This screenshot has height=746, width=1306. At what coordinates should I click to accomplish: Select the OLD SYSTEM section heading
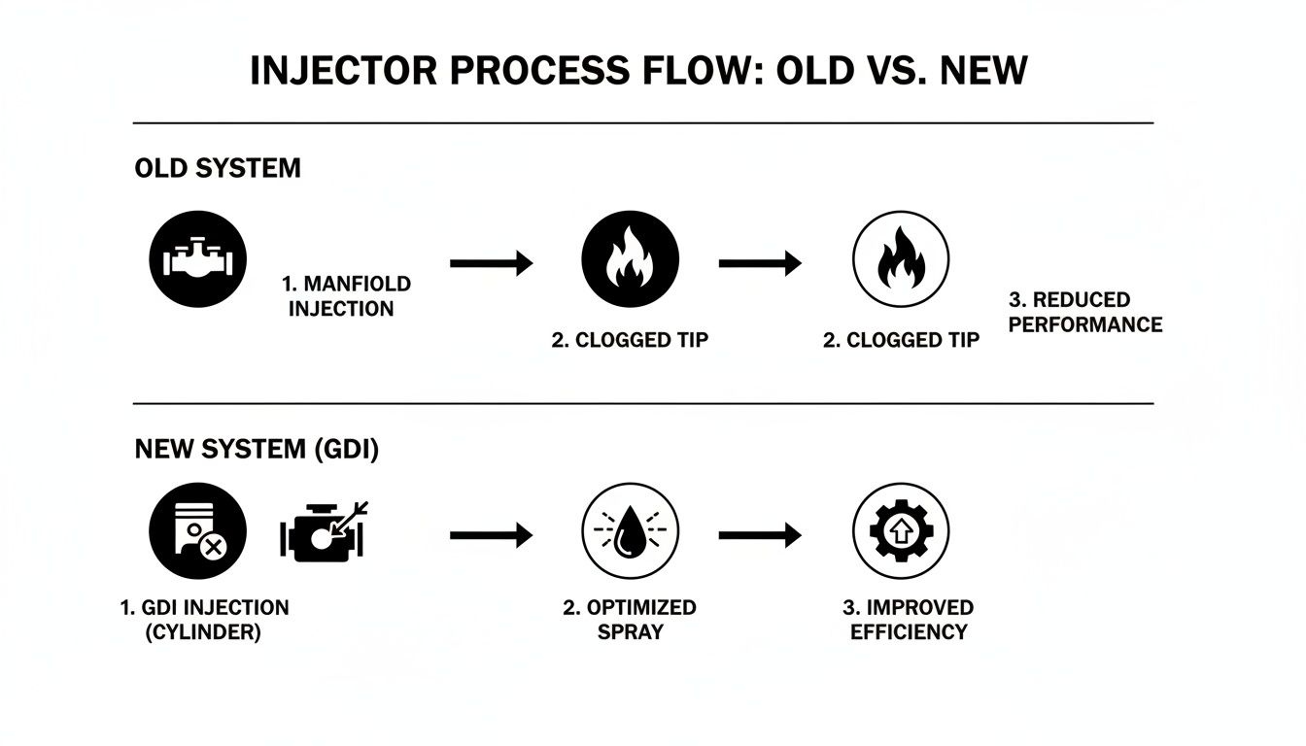pos(218,168)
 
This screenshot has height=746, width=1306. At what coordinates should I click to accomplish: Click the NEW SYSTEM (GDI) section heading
pos(257,450)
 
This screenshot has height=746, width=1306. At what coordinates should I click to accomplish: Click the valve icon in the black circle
pos(197,261)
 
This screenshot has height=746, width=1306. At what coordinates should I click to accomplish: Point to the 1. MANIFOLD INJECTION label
pos(346,296)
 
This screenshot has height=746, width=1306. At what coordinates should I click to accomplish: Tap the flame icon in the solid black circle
pos(630,261)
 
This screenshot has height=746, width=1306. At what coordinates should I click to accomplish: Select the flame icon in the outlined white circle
pos(900,261)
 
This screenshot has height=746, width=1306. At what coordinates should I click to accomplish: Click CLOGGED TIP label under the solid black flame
pos(630,341)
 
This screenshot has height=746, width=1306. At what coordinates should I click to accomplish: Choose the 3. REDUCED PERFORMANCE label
pos(1084,312)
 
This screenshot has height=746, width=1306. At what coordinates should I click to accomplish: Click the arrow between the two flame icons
pos(760,262)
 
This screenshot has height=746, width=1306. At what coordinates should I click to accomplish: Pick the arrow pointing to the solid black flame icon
pos(492,262)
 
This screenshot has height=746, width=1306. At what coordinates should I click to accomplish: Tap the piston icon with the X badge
pos(197,532)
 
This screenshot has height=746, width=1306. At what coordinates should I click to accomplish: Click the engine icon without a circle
pos(321,532)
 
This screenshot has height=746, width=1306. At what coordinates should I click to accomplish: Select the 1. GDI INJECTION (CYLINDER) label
pos(204,620)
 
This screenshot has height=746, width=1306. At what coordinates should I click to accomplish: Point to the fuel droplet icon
pos(630,532)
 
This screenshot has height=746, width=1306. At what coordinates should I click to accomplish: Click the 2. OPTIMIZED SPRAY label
pos(630,620)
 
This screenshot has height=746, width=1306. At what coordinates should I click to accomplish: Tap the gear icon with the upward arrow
pos(900,532)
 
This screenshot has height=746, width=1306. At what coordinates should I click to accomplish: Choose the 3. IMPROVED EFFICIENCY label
pos(908,620)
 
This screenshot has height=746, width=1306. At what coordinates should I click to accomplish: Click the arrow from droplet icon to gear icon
pos(760,534)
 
